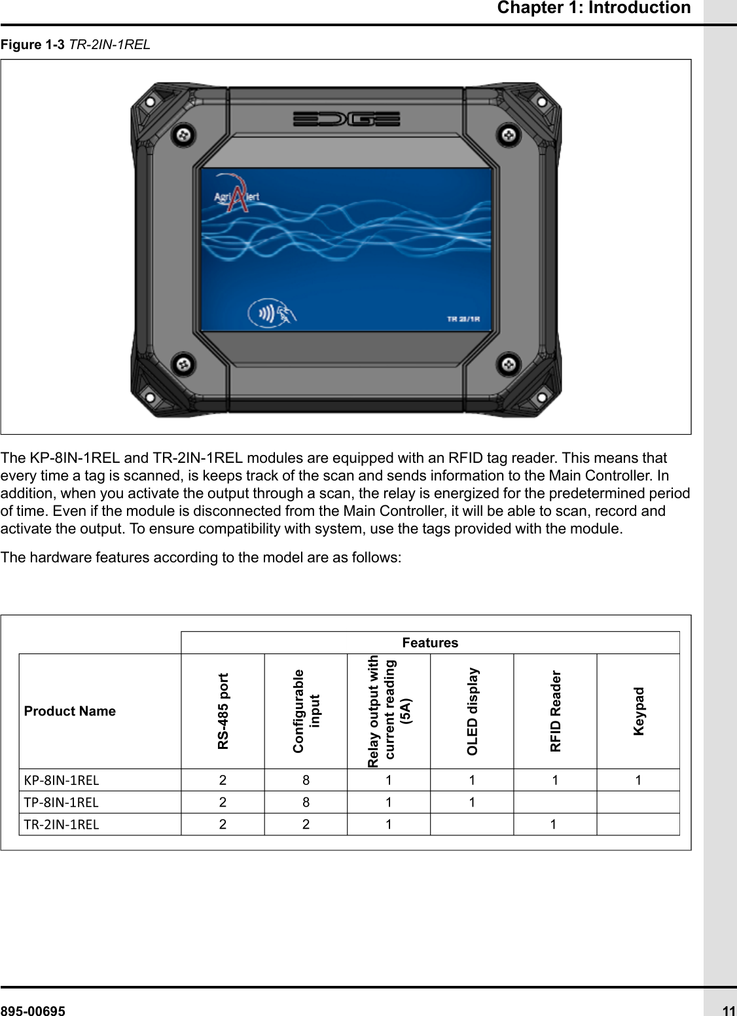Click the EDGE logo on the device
pos(346,119)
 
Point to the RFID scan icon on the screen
pos(272,313)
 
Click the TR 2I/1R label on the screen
pos(463,319)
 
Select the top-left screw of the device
pos(184,136)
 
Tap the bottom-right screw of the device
pos(509,363)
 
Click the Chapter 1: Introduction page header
pos(593,8)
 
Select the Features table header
pos(430,643)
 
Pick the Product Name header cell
pos(70,711)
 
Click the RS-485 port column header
pos(223,711)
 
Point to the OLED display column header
pos(472,711)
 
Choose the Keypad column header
pos(638,711)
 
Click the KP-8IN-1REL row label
pos(62,780)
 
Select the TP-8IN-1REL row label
pos(62,803)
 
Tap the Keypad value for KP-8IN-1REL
pos(638,780)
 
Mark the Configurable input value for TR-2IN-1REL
pos(306,824)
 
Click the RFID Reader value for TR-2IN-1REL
pos(554,824)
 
